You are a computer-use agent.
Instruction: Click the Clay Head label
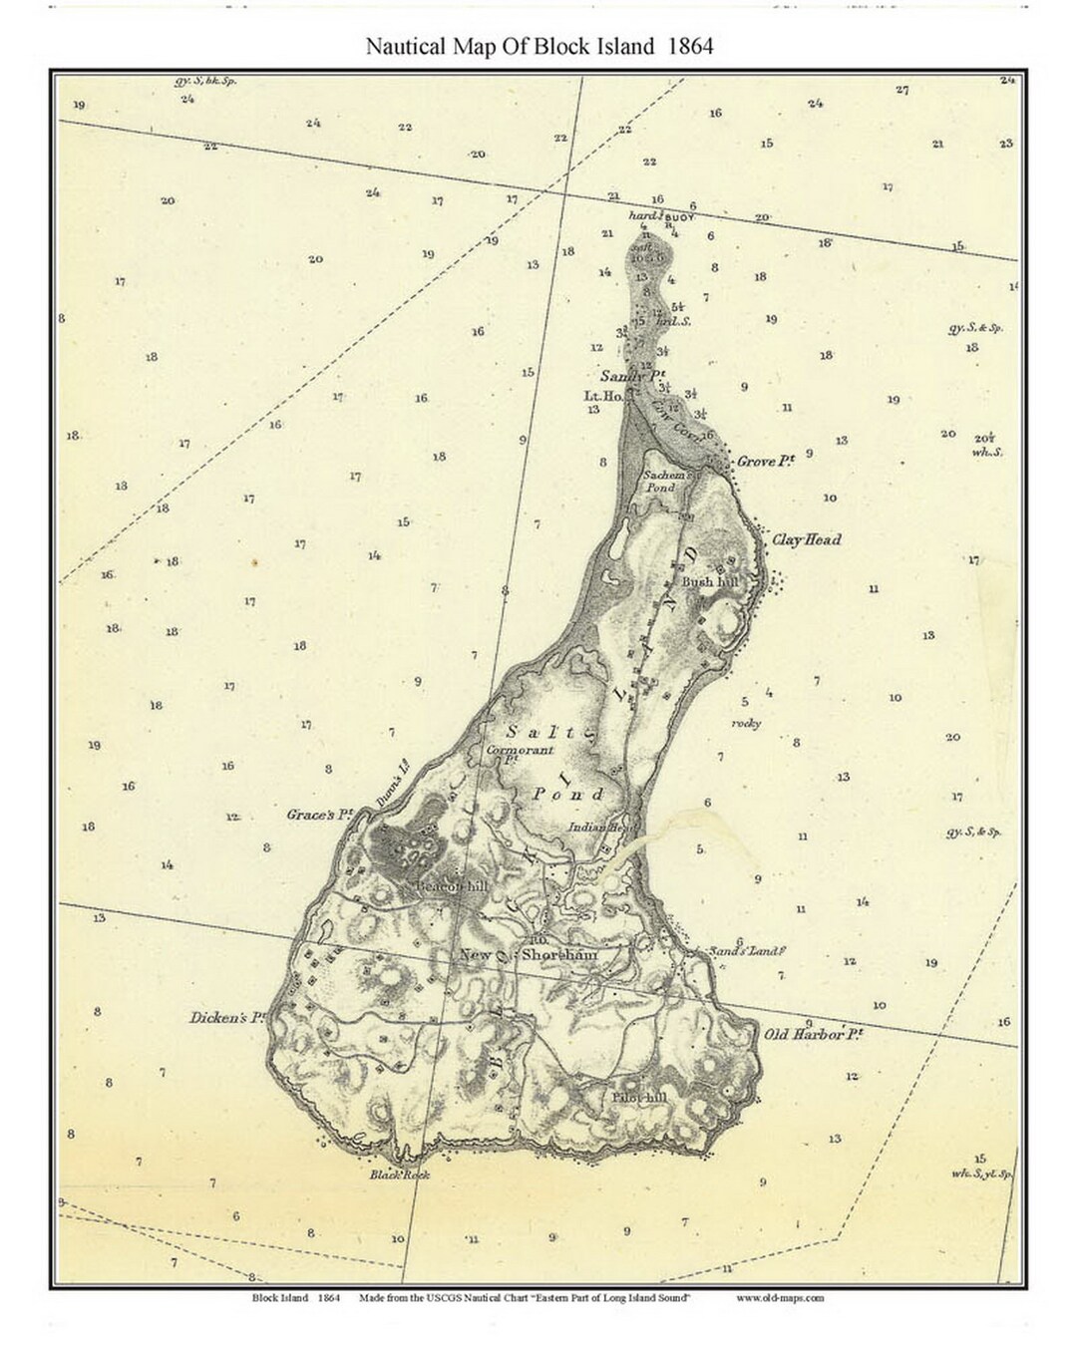click(807, 539)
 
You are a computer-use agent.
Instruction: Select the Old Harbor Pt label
click(813, 1034)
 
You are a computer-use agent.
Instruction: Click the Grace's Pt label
click(321, 815)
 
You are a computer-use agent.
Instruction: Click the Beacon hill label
click(446, 885)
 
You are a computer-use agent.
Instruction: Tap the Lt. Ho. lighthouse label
click(603, 396)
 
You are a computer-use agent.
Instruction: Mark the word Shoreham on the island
click(560, 955)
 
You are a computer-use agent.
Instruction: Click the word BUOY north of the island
click(677, 216)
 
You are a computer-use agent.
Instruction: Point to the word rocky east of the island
click(746, 724)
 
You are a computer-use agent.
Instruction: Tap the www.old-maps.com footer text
click(780, 1298)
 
